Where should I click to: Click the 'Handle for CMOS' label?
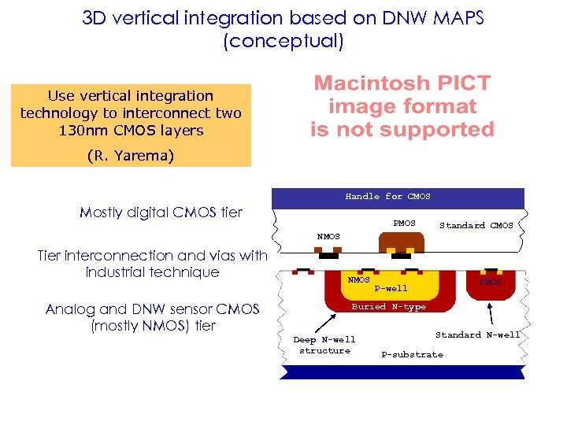click(387, 197)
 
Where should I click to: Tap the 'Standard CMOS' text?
click(476, 226)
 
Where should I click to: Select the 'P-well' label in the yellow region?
click(391, 289)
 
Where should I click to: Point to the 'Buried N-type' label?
click(388, 307)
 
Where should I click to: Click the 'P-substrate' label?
click(412, 355)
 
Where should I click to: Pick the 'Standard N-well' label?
click(477, 335)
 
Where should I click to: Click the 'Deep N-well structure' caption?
click(324, 346)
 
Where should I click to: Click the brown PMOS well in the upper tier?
click(402, 243)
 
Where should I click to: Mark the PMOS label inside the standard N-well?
click(490, 282)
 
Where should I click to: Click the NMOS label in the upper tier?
click(328, 236)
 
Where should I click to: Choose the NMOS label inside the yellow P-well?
click(359, 280)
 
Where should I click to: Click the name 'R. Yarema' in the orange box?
click(131, 156)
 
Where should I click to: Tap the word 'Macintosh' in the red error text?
click(365, 83)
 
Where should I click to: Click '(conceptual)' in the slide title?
click(283, 41)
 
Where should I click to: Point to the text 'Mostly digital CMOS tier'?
click(161, 212)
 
